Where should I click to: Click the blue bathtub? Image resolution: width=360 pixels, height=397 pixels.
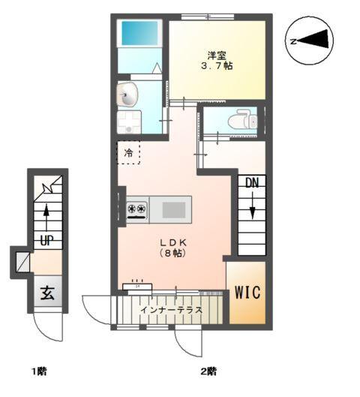click(140, 33)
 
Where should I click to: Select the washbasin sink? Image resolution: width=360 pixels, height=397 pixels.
click(127, 95)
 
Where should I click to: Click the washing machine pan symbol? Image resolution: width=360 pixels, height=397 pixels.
click(129, 122)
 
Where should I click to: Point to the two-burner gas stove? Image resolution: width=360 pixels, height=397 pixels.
click(137, 210)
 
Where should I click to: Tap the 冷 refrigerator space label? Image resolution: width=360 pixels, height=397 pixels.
click(128, 153)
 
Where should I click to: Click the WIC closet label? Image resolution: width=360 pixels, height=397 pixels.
click(247, 293)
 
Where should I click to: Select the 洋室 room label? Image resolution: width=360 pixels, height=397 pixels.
click(217, 55)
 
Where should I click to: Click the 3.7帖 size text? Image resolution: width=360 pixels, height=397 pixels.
click(217, 66)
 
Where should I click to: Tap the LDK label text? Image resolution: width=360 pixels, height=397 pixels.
click(173, 242)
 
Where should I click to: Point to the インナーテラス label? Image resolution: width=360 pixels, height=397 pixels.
click(171, 310)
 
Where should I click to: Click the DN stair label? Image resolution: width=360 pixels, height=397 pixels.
click(252, 182)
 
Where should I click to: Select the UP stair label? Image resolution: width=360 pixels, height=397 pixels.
click(46, 240)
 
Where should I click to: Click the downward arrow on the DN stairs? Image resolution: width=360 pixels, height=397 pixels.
click(252, 205)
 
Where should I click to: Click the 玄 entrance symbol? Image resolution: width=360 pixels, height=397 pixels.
click(47, 293)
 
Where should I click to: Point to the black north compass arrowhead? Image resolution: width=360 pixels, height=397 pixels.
click(315, 39)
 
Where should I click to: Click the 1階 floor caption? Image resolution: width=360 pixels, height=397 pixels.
click(39, 371)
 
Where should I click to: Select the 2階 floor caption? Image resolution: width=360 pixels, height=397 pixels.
click(208, 371)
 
